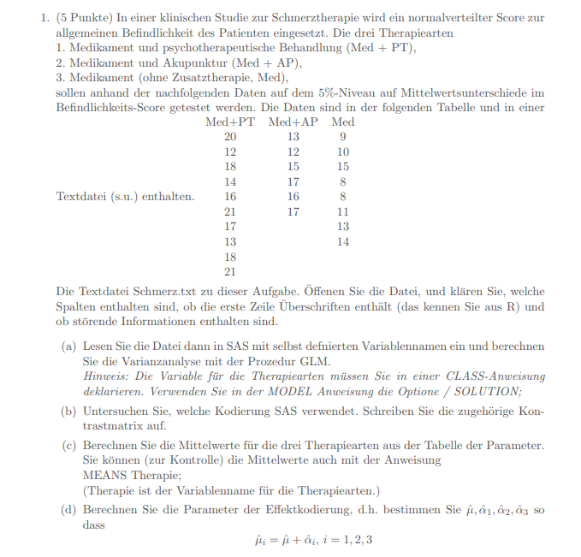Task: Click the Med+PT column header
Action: pyautogui.click(x=230, y=122)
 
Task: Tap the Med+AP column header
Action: pyautogui.click(x=293, y=122)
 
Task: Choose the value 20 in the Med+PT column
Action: pyautogui.click(x=230, y=137)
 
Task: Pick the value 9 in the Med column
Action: pyautogui.click(x=343, y=137)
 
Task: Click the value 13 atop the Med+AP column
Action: pyautogui.click(x=293, y=137)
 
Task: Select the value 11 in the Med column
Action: pyautogui.click(x=343, y=211)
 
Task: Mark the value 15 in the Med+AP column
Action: pyautogui.click(x=293, y=167)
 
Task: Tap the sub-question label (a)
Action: pyautogui.click(x=68, y=347)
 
